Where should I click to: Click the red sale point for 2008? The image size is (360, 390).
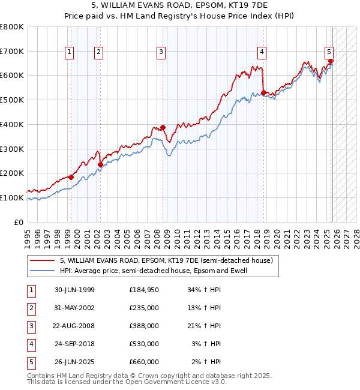coord(163,127)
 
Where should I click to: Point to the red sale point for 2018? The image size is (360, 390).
coord(263,93)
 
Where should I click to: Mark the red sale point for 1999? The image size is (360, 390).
coord(71,177)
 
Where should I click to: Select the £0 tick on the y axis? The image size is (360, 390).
coord(19,222)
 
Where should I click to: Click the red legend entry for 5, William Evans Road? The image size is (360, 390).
coord(166,260)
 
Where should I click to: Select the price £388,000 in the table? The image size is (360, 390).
coord(143,326)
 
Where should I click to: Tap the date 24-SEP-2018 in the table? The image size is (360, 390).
coord(74,344)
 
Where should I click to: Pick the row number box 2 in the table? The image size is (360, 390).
coord(31,308)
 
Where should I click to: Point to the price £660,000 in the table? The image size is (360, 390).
coord(143,362)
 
